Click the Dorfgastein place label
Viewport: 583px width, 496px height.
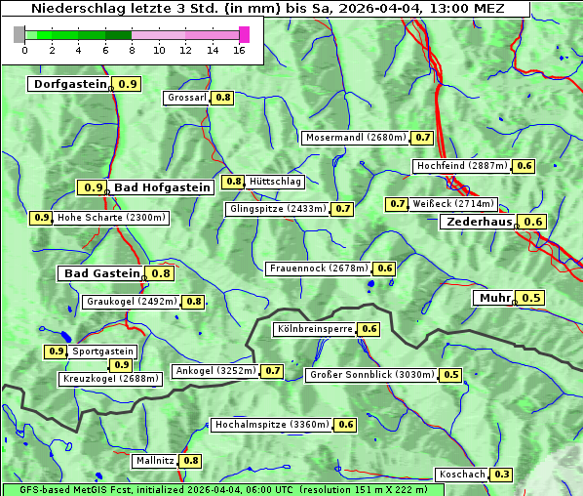pos(69,84)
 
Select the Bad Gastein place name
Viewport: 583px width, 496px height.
pos(102,273)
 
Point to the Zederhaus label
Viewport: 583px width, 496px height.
pos(479,222)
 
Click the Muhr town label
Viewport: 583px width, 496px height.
pos(495,298)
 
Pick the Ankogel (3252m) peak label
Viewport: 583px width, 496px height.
pos(215,371)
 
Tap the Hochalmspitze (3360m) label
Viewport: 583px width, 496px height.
pos(272,425)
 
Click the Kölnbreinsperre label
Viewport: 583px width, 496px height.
pos(314,329)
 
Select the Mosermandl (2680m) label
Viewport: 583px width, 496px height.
pos(355,138)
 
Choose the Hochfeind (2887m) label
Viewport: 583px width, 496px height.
pos(463,166)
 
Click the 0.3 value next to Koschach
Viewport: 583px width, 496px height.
pos(501,475)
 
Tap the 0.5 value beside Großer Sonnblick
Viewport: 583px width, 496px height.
pos(451,375)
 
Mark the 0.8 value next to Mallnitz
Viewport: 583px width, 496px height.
pos(191,461)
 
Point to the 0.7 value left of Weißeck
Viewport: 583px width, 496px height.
pos(397,204)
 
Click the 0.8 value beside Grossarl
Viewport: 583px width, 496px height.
pos(223,98)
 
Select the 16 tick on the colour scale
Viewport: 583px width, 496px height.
pos(239,50)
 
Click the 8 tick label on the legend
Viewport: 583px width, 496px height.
pos(132,50)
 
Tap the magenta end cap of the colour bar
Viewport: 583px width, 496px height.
pos(245,34)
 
